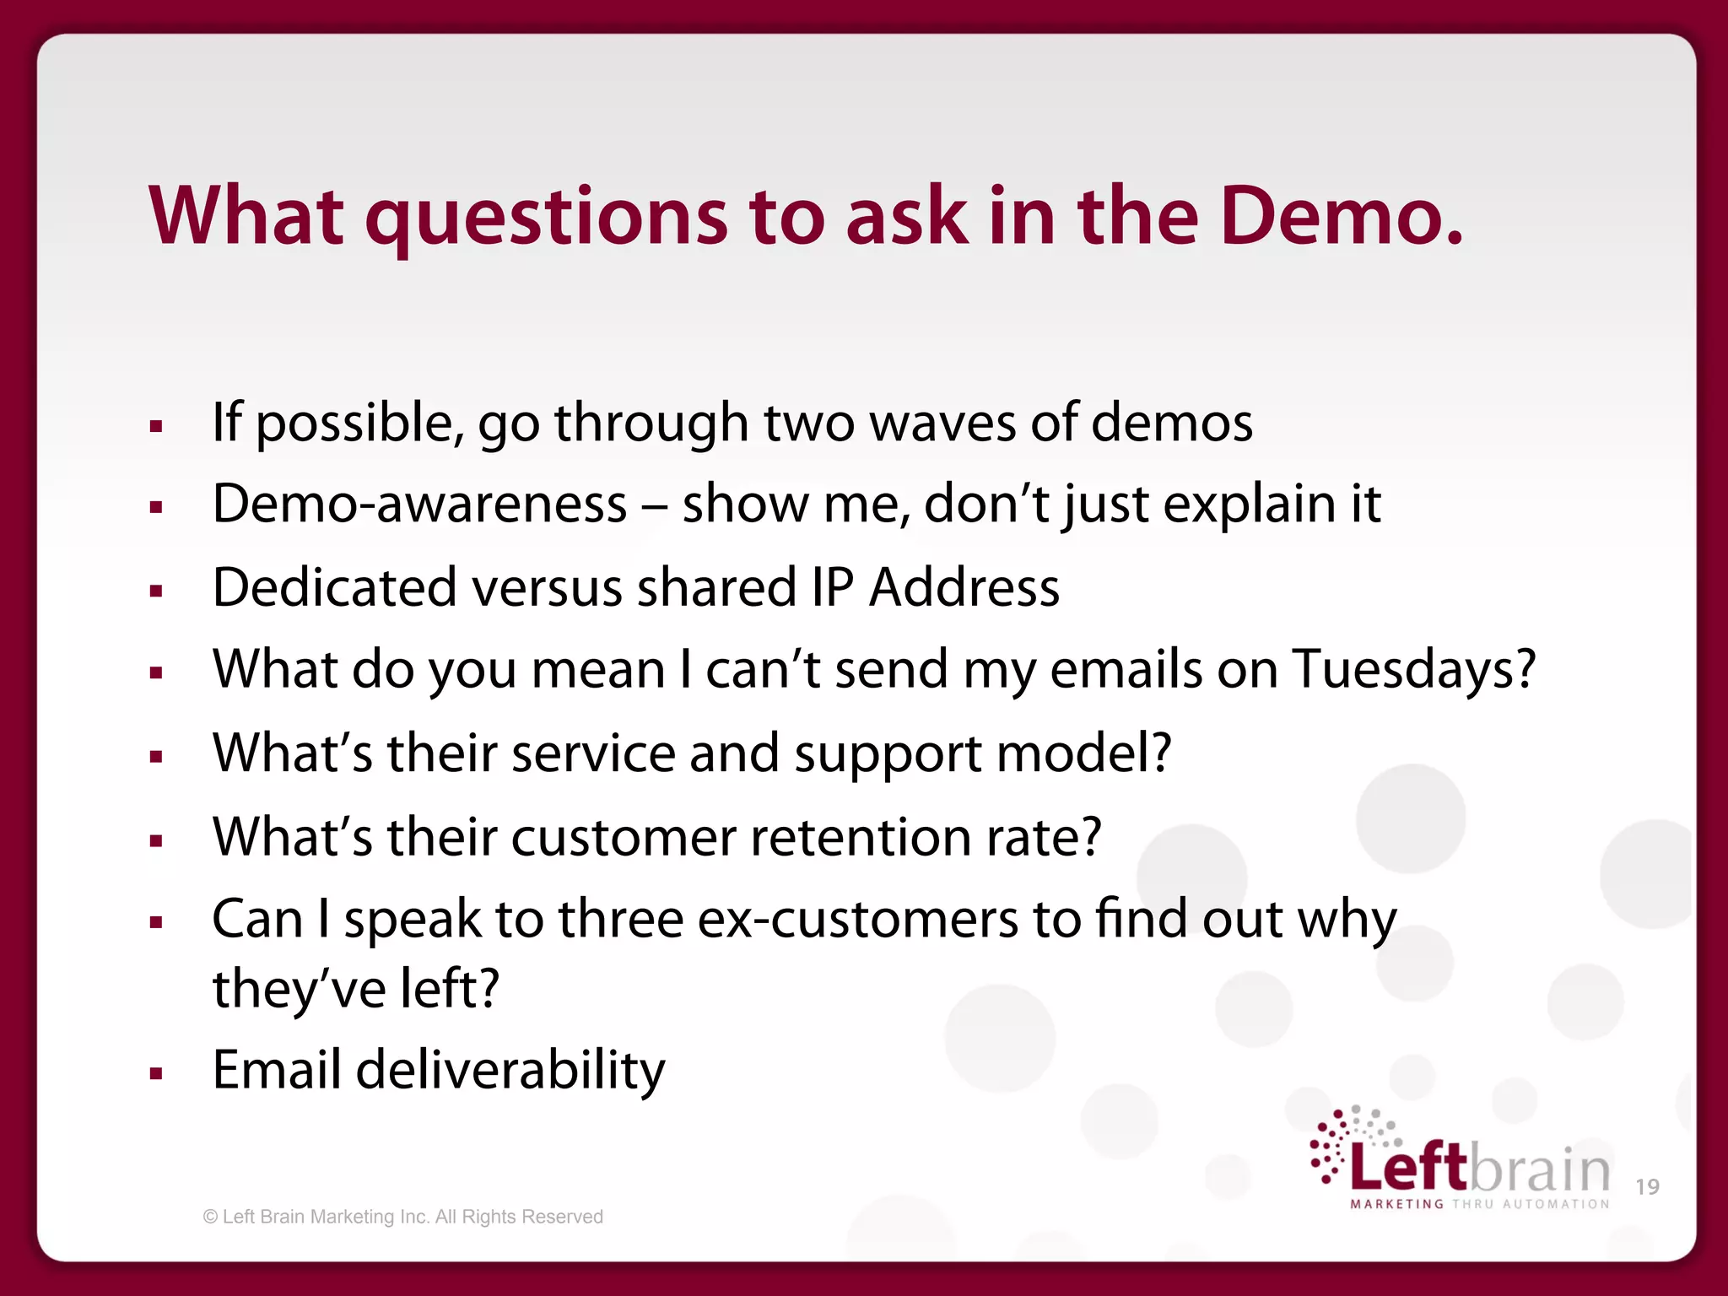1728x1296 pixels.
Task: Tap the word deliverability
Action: (x=510, y=1071)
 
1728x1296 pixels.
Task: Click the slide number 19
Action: (x=1647, y=1187)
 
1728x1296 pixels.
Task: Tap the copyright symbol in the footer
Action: (x=210, y=1217)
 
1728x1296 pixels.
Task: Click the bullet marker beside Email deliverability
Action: (x=155, y=1074)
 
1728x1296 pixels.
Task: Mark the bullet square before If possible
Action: (x=155, y=426)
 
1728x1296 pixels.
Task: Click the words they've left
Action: (x=355, y=989)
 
